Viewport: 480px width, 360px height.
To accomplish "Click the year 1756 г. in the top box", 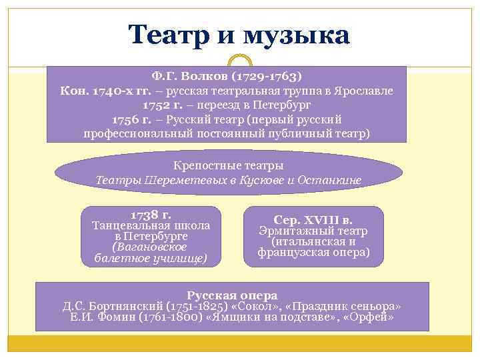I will [x=131, y=119].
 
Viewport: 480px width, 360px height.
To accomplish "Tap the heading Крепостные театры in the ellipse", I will [x=228, y=165].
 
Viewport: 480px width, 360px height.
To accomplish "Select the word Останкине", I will [x=331, y=180].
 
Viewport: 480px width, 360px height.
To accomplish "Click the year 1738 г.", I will [x=151, y=215].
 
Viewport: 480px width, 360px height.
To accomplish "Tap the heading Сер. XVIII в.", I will [x=313, y=220].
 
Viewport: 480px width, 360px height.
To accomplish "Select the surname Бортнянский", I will [x=125, y=307].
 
